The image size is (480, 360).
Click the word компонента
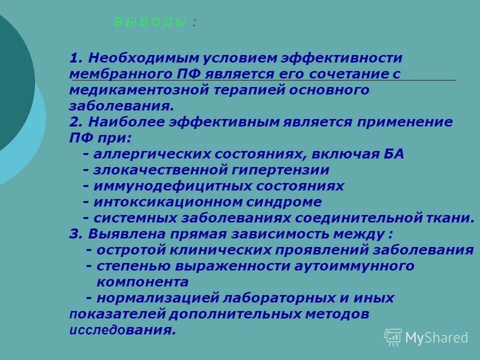click(x=142, y=282)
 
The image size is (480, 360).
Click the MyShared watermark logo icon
click(x=393, y=337)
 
